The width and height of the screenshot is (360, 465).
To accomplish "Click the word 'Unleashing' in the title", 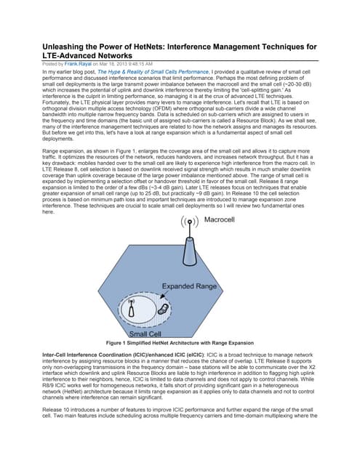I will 63,46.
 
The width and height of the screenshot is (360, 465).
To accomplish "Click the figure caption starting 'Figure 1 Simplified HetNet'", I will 180,342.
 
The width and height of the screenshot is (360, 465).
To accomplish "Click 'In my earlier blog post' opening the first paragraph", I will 69,72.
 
